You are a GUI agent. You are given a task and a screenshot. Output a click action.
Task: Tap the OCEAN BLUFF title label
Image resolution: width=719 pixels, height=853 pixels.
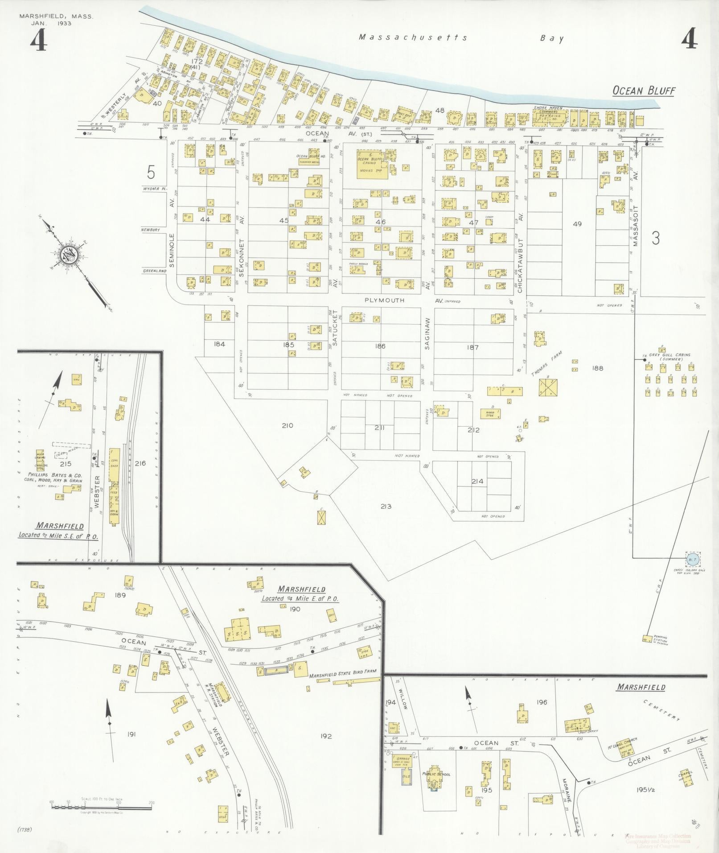[643, 91]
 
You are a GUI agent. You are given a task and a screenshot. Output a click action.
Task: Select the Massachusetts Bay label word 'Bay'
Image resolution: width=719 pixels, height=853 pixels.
[552, 38]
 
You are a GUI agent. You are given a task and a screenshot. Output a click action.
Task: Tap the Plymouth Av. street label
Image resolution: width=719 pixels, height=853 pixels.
[384, 300]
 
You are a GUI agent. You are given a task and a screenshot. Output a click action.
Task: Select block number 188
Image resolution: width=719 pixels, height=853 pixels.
[597, 368]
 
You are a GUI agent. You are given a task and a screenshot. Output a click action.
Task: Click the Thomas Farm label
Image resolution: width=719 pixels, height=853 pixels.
[546, 364]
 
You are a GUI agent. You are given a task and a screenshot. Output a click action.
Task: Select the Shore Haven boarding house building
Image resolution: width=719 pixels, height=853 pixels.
[550, 117]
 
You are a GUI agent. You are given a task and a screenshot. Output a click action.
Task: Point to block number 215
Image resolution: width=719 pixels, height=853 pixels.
[66, 464]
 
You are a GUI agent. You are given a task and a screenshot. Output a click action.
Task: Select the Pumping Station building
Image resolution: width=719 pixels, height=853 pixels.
[646, 638]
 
